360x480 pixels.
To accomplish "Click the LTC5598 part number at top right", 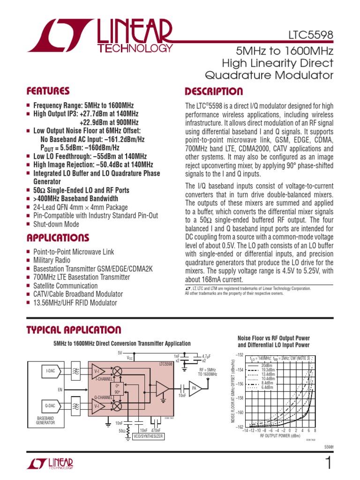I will tap(311, 36).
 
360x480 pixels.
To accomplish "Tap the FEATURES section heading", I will tap(48, 91).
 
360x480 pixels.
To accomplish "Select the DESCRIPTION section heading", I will tap(214, 91).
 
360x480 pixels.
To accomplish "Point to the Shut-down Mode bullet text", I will tap(56, 224).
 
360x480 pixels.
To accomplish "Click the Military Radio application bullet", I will tap(52, 260).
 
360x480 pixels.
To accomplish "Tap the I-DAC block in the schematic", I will tap(51, 371).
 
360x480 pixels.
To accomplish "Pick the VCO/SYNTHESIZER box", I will tap(148, 436).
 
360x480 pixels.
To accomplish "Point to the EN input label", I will tap(60, 389).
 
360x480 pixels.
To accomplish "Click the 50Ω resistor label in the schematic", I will tap(122, 430).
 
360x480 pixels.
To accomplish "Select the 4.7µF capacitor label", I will tap(206, 356).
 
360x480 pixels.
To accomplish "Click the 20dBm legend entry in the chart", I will tap(266, 366).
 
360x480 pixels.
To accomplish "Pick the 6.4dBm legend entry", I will tap(266, 388).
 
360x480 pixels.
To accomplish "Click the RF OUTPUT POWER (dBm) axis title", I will tap(280, 436).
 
